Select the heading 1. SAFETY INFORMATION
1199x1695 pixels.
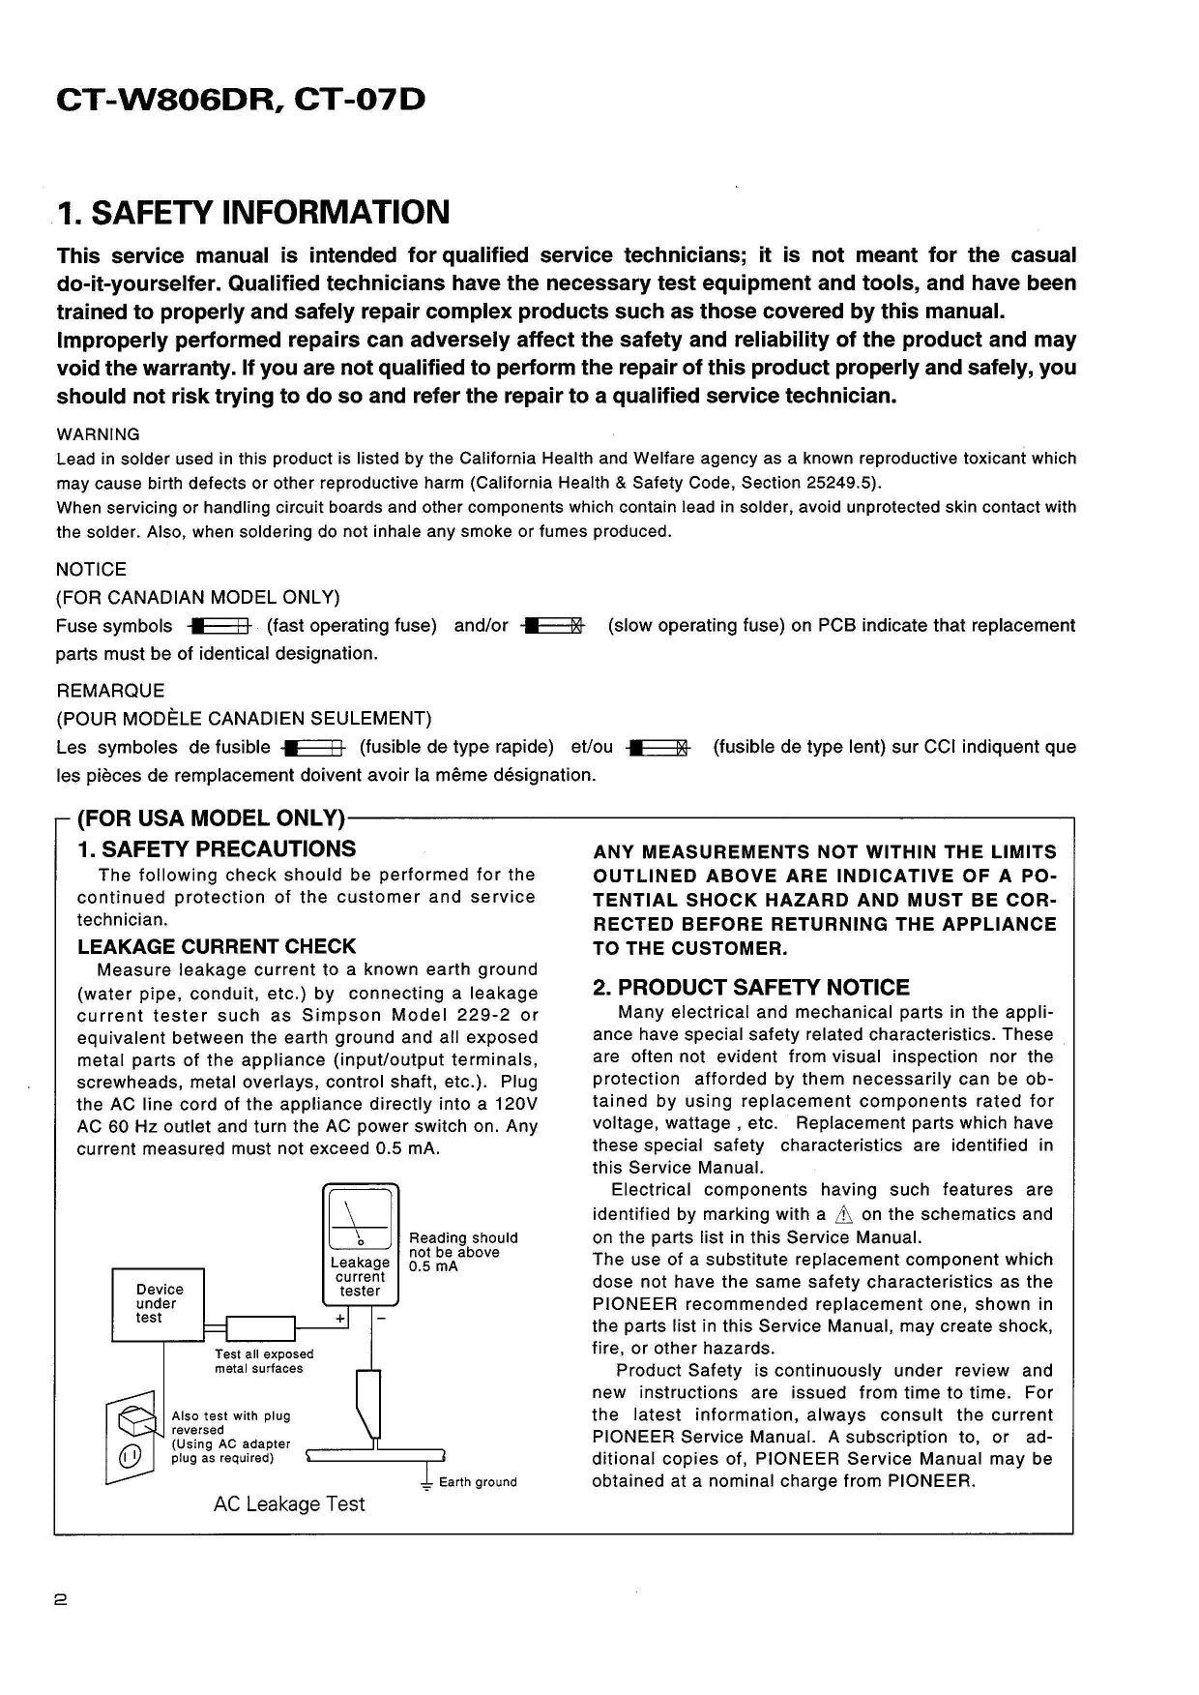pyautogui.click(x=253, y=212)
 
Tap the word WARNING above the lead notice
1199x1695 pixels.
pyautogui.click(x=98, y=434)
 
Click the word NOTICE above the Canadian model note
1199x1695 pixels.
pyautogui.click(x=91, y=570)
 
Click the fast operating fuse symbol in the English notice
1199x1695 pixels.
pyautogui.click(x=221, y=626)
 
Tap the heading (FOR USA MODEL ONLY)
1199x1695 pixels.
pyautogui.click(x=210, y=818)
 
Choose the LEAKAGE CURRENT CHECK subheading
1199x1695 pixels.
pyautogui.click(x=216, y=946)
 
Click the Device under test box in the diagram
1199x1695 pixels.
pyautogui.click(x=159, y=1303)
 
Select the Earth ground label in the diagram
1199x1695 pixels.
pyautogui.click(x=478, y=1482)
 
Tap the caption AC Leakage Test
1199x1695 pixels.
pyautogui.click(x=289, y=1504)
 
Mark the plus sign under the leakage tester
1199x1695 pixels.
pyautogui.click(x=340, y=1319)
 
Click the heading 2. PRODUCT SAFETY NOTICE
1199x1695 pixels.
pyautogui.click(x=750, y=988)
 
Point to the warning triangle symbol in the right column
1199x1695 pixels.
pyautogui.click(x=844, y=1215)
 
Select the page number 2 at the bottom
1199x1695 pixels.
pyautogui.click(x=60, y=1601)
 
